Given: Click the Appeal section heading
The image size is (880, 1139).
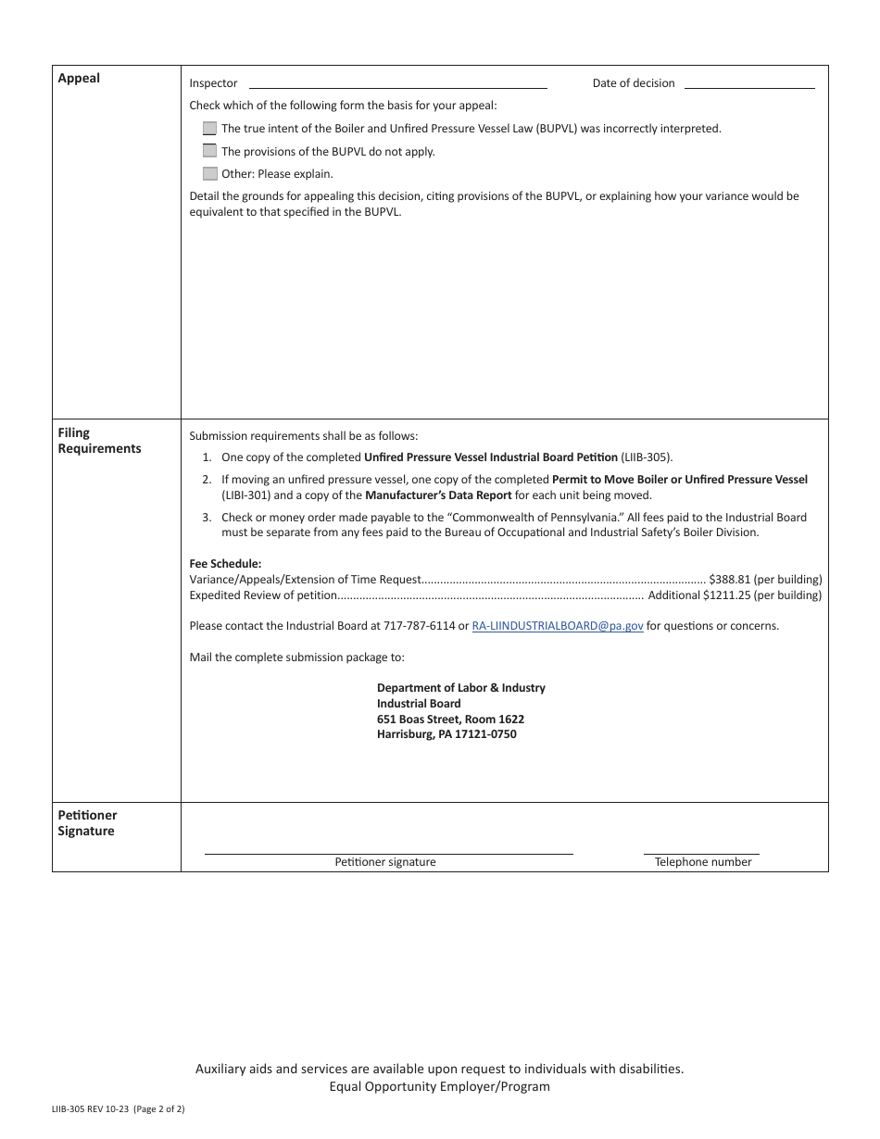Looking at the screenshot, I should (79, 79).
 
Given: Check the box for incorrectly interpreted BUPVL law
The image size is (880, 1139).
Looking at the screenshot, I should (210, 129).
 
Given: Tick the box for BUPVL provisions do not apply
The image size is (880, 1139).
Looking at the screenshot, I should (210, 151).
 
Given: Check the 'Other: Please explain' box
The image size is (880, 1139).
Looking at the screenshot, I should (210, 173).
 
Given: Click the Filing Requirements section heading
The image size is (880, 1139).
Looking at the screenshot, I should (99, 441).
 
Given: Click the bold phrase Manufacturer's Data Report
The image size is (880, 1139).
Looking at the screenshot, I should (438, 495).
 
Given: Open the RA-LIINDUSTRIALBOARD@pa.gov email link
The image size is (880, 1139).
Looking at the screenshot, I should (558, 626).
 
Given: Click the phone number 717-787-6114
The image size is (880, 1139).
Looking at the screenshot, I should (422, 626).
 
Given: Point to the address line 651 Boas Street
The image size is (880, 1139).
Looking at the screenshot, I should (450, 720).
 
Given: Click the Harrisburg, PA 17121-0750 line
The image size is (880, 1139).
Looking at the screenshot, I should (446, 734).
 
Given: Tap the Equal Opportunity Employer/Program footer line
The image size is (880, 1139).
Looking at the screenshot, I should (439, 1087).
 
